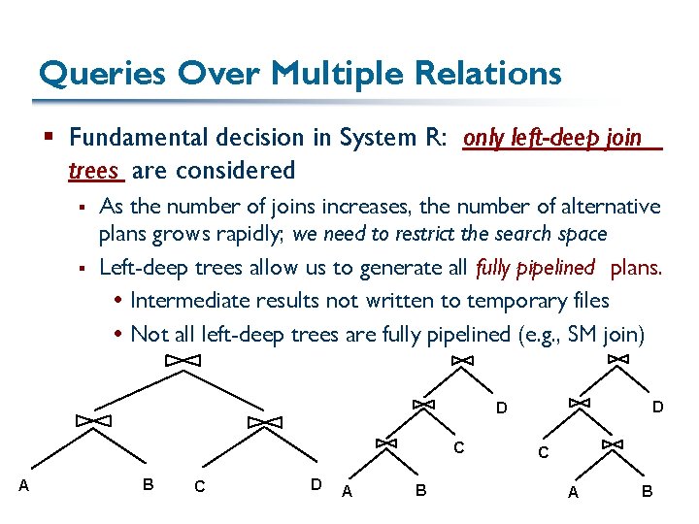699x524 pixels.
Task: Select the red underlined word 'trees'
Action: [93, 171]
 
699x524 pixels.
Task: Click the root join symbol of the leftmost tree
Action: [182, 360]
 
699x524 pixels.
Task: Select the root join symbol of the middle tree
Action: [462, 360]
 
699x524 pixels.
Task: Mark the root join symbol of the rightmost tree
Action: [617, 359]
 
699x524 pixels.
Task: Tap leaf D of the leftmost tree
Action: [316, 483]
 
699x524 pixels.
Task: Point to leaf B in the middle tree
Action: [420, 491]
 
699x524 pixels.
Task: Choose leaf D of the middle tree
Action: [501, 408]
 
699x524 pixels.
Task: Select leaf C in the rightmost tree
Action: [544, 452]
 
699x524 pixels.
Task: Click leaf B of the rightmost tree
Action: [647, 492]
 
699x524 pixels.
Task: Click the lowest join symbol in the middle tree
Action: [385, 442]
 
